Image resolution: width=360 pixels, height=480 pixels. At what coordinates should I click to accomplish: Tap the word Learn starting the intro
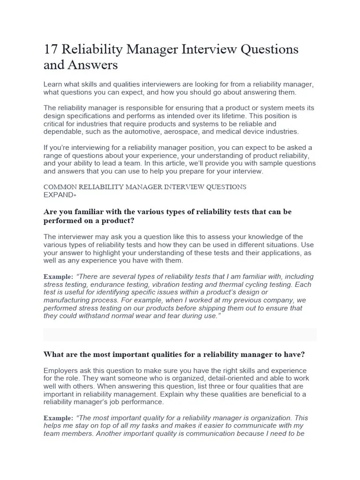click(52, 84)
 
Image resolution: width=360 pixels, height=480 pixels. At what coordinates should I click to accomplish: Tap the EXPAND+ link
click(60, 194)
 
